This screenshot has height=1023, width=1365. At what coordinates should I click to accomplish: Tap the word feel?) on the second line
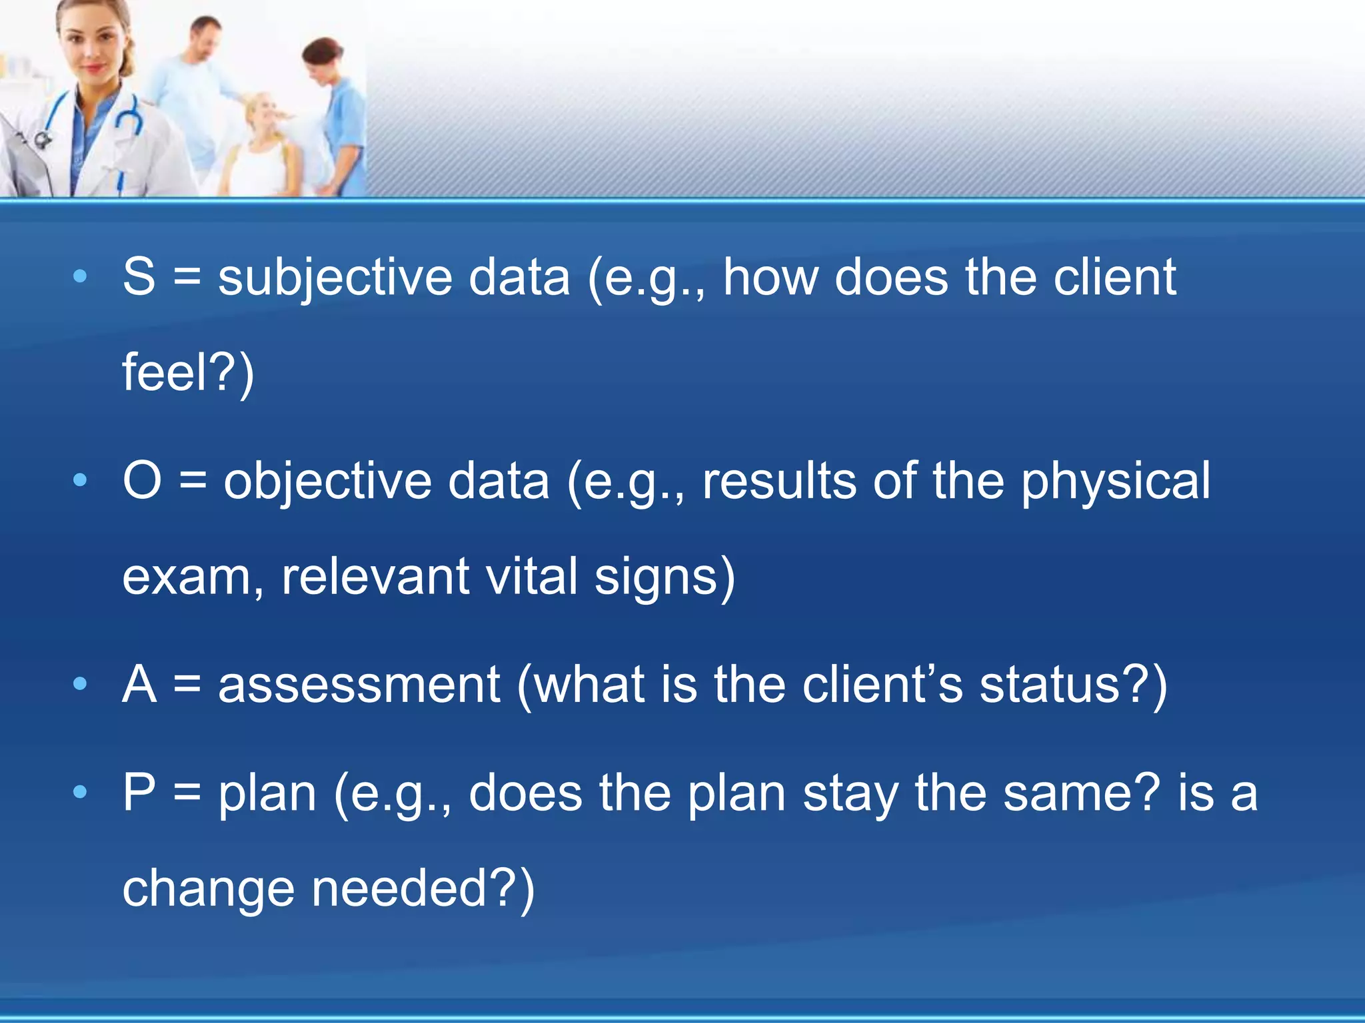[188, 373]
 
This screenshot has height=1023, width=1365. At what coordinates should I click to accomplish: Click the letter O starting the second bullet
[143, 480]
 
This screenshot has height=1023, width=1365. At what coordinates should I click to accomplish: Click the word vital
[531, 576]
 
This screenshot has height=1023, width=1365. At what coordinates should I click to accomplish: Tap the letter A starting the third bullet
[139, 684]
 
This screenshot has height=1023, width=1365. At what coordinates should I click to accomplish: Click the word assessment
[359, 685]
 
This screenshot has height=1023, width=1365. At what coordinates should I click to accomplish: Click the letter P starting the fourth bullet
[139, 793]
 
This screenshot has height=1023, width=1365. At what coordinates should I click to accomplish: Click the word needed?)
[423, 889]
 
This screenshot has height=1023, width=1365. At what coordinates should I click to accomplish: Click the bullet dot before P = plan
[80, 793]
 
